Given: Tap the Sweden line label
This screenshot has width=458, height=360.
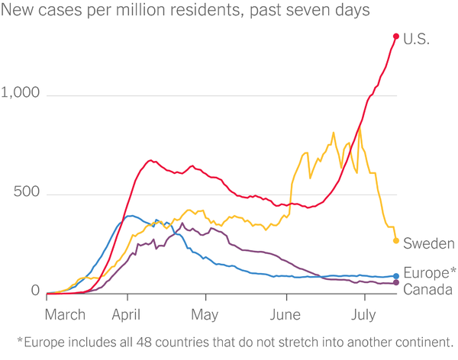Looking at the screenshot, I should click(x=428, y=243).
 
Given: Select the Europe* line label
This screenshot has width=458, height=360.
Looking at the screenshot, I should click(x=429, y=273).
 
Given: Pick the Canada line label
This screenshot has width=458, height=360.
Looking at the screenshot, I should click(x=428, y=289).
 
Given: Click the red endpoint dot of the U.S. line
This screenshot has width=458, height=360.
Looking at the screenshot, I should click(x=396, y=36).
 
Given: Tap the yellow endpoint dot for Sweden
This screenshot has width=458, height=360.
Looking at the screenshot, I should click(x=395, y=241).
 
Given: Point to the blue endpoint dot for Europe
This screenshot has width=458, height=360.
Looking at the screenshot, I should click(x=395, y=276).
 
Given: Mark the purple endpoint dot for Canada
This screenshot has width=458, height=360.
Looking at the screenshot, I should click(x=395, y=284).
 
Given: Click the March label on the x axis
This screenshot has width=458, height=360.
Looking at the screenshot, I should click(x=66, y=314).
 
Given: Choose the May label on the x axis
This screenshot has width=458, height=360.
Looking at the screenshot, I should click(x=205, y=314).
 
